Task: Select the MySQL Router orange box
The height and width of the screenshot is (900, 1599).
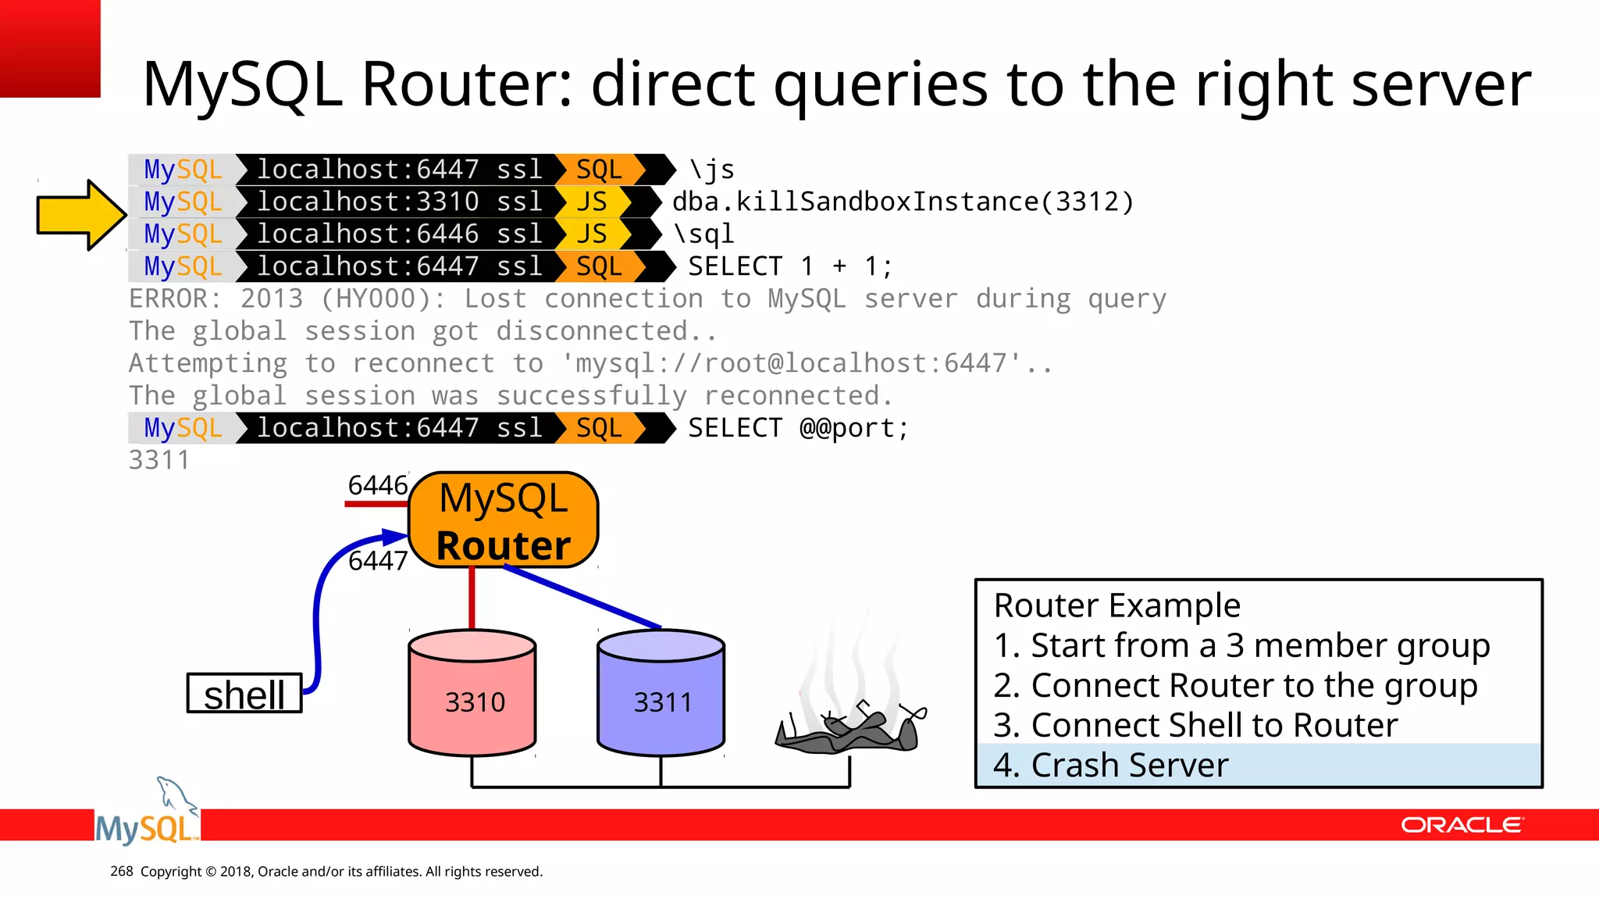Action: (504, 520)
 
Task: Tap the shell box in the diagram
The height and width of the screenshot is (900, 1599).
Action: (244, 694)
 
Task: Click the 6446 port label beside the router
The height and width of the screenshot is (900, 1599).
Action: (377, 486)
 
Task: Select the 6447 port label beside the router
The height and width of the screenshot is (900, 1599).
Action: (377, 561)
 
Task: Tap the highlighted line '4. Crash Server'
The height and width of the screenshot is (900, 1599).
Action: (1110, 766)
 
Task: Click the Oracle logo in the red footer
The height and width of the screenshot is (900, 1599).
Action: (1461, 825)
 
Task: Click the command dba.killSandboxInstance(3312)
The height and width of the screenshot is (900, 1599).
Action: (903, 202)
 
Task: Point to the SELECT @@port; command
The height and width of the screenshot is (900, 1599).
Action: (798, 428)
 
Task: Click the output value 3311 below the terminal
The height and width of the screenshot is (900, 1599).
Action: (159, 460)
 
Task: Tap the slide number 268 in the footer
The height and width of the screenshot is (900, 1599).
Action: (121, 871)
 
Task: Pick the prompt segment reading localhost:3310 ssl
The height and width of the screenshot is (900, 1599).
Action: (399, 202)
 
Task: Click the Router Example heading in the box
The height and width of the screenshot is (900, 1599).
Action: (1116, 605)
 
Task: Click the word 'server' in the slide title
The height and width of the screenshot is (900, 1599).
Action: (1441, 84)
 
